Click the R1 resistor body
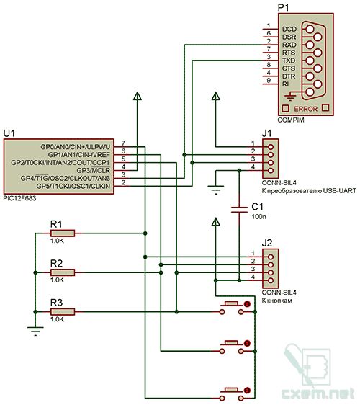point(63,233)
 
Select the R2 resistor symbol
point(63,272)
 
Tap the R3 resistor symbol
point(63,312)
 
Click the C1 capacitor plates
point(239,210)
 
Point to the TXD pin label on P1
point(289,61)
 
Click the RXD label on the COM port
point(289,45)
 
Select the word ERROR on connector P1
point(306,109)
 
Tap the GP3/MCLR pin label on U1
point(94,171)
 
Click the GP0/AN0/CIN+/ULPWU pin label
point(76,147)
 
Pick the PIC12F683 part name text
point(19,198)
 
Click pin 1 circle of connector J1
point(271,147)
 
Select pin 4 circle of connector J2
point(271,280)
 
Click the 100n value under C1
point(258,216)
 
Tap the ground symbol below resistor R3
point(35,331)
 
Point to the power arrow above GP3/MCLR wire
point(138,96)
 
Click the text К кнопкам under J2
point(277,301)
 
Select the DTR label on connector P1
point(289,76)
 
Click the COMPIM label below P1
point(291,120)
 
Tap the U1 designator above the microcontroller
point(9,133)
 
